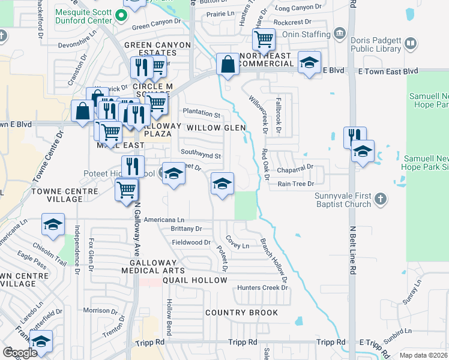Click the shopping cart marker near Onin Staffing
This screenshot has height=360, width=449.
tap(264, 41)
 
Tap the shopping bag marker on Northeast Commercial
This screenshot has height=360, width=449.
tap(228, 65)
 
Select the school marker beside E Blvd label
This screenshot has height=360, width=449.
tap(309, 64)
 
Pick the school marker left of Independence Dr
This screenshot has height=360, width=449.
tap(53, 225)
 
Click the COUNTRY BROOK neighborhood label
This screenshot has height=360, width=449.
tap(241, 313)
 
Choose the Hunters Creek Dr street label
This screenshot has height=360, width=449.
tap(262, 288)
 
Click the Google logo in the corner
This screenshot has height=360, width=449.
tap(20, 353)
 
